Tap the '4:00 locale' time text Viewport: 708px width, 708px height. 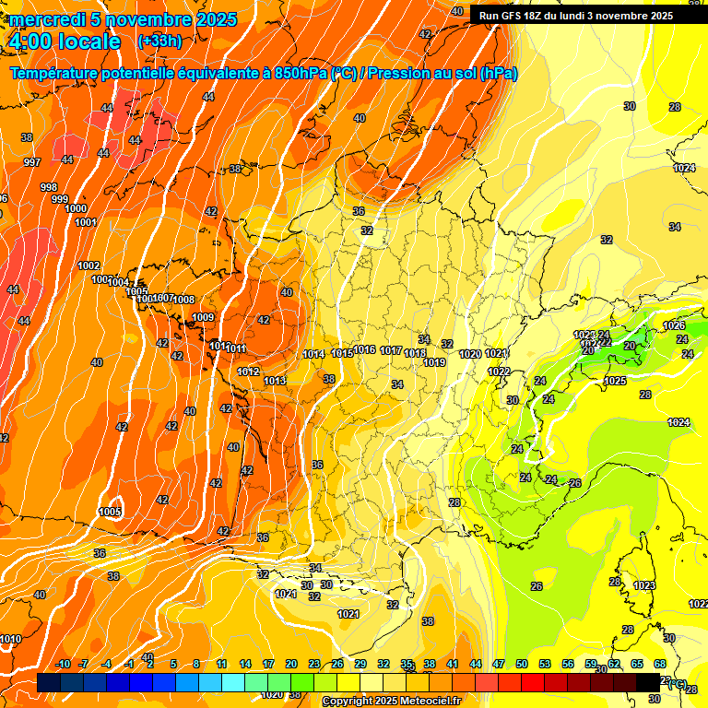coord(65,41)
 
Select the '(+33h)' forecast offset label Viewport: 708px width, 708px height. coord(159,41)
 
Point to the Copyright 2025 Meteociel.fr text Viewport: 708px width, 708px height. coord(391,702)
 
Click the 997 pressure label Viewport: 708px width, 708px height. coord(32,162)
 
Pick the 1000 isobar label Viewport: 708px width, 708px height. coord(77,209)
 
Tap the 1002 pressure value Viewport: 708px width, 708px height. coord(88,265)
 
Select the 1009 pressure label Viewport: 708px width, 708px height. coord(203,318)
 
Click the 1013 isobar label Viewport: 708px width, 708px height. coord(274,381)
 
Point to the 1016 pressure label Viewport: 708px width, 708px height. coord(365,350)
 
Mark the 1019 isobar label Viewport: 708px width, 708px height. coord(435,362)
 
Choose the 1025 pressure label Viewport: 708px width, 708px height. coord(615,381)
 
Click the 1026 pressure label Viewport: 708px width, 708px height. coord(674,325)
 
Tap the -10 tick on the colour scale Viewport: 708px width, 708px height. coord(63,665)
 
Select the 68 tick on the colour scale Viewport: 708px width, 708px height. coord(660,665)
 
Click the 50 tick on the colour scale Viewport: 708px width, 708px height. coord(522,665)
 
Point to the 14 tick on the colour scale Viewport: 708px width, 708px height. coord(245,665)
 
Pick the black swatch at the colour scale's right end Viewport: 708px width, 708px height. coord(648,682)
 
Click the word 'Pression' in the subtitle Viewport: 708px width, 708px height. coord(400,74)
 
